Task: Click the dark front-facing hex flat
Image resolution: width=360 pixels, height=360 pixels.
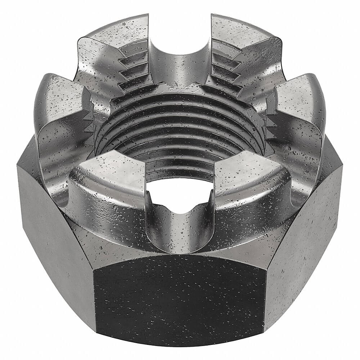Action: point(180,299)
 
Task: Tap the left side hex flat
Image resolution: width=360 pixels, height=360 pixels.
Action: point(54,230)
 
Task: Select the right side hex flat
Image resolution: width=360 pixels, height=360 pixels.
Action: point(306,230)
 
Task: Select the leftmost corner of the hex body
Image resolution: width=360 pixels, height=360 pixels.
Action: point(18,166)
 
